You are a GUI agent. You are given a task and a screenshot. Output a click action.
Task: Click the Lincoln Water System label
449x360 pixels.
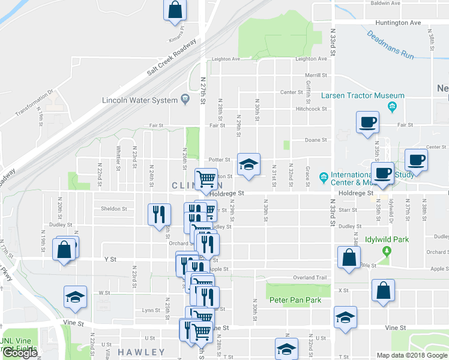[x=140, y=100]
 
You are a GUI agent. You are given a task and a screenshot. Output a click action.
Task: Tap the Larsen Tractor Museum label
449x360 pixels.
[x=363, y=96]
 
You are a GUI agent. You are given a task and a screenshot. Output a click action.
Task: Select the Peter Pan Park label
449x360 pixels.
[x=295, y=300]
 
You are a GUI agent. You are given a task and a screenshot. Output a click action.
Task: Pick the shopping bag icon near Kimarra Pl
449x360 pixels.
[x=175, y=10]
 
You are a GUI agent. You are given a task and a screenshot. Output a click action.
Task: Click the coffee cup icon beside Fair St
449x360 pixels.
[x=367, y=123]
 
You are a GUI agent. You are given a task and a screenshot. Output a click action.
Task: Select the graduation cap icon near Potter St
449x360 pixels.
[x=249, y=164]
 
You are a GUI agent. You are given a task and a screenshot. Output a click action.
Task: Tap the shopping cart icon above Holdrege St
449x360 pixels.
[x=206, y=178]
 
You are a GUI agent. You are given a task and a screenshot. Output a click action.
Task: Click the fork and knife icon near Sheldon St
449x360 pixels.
[x=158, y=214]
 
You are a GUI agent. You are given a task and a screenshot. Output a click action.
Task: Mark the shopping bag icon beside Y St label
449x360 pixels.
[x=64, y=249]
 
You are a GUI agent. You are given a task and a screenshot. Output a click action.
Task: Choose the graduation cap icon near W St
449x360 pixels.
[x=75, y=296]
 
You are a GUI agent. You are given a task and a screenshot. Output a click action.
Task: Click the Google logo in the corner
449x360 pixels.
[x=20, y=353]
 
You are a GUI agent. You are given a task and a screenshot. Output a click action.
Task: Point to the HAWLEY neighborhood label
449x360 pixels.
[x=141, y=352]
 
